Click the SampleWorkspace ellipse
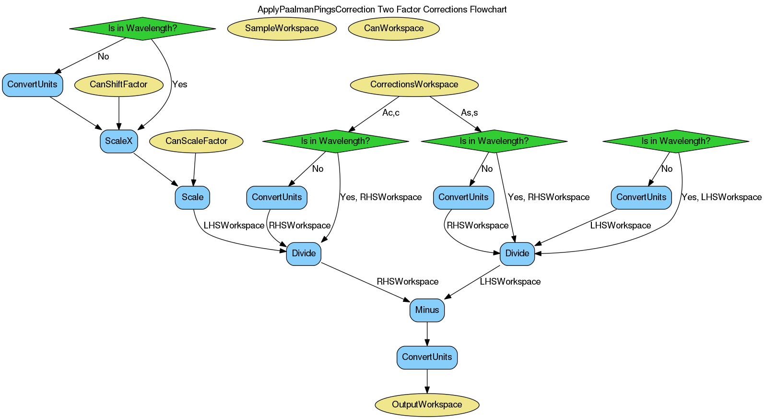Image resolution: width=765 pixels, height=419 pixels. tap(282, 28)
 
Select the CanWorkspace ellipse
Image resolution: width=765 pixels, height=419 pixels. tap(394, 28)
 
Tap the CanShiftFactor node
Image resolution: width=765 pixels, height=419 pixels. tap(118, 84)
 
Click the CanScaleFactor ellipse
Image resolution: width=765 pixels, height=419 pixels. tap(196, 141)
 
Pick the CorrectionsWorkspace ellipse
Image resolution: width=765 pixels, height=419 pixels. tap(414, 84)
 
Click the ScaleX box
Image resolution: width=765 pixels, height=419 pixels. tap(118, 141)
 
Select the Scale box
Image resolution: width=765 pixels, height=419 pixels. tap(192, 197)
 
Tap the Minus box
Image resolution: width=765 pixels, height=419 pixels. tap(427, 310)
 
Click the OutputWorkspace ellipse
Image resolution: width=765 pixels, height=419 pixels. tap(427, 405)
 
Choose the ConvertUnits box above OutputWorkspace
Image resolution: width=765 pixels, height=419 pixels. tap(427, 357)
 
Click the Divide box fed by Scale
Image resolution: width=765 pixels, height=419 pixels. tap(304, 253)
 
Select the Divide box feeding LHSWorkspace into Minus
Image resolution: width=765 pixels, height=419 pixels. tap(517, 253)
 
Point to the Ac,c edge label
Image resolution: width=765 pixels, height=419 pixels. tap(390, 113)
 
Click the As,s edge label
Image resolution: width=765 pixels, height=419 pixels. tap(469, 113)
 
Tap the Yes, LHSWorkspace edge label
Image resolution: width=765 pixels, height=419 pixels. tap(721, 197)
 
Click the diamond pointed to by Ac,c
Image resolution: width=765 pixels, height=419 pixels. tap(335, 141)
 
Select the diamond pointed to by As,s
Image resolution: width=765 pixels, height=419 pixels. tap(494, 141)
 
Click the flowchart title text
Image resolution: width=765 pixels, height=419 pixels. tap(382, 10)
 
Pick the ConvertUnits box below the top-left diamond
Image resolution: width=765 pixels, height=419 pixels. tap(32, 84)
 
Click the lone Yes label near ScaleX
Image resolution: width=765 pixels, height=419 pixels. tap(180, 84)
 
